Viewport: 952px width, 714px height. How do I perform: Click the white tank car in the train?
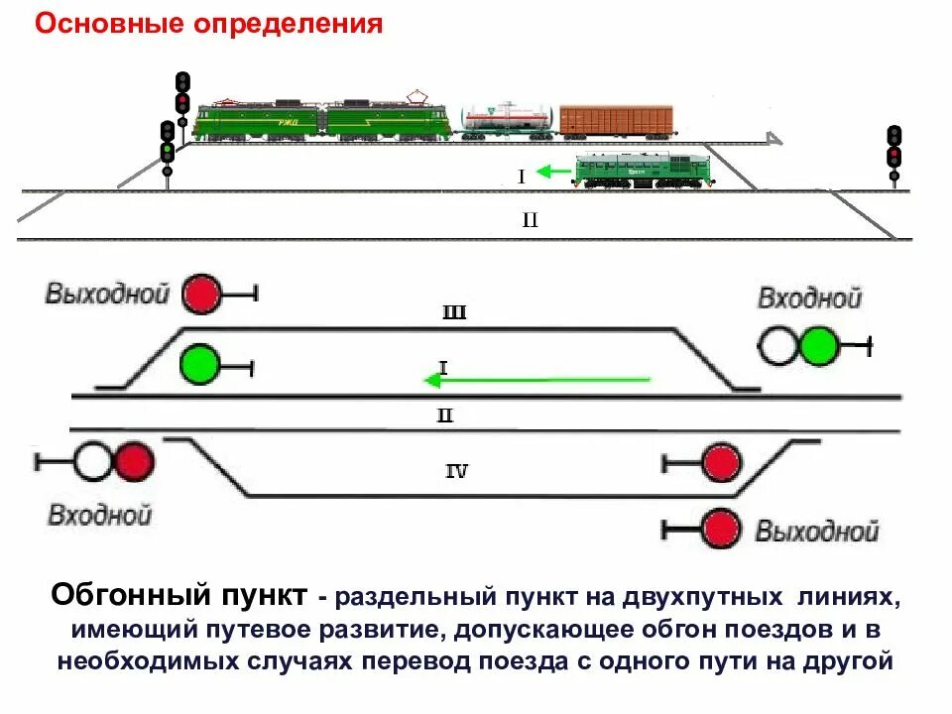506,120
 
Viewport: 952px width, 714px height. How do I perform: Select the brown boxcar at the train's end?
616,120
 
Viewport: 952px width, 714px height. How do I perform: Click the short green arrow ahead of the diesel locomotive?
554,173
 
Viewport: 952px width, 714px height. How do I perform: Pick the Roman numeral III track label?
453,313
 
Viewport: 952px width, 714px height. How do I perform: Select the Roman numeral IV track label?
455,471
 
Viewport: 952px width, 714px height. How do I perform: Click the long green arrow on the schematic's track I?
535,379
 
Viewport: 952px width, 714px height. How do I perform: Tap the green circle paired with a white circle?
819,346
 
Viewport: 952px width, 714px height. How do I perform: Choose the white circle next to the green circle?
778,346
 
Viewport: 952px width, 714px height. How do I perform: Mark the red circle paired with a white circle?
134,461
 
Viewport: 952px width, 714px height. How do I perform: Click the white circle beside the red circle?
93,461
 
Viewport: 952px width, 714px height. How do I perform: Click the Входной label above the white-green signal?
809,297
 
